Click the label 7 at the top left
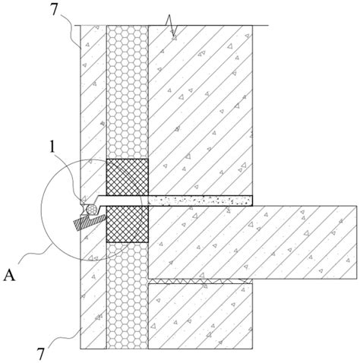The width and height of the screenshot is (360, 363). pyautogui.click(x=55, y=9)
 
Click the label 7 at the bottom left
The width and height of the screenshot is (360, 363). pyautogui.click(x=41, y=353)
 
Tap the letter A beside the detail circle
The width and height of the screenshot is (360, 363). pyautogui.click(x=9, y=275)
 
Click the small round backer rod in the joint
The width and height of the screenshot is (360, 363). pyautogui.click(x=91, y=210)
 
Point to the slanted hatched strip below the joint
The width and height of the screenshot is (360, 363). pyautogui.click(x=90, y=222)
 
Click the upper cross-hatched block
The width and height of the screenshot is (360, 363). pyautogui.click(x=127, y=177)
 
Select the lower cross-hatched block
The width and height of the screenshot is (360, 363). pyautogui.click(x=127, y=224)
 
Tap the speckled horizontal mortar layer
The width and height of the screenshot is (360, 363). pyautogui.click(x=200, y=200)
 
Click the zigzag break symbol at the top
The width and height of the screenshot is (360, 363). pyautogui.click(x=171, y=25)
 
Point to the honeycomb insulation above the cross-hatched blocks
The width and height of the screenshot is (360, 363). pyautogui.click(x=127, y=92)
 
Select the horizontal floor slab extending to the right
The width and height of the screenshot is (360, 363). pyautogui.click(x=252, y=242)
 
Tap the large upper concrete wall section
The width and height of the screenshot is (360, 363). pyautogui.click(x=200, y=110)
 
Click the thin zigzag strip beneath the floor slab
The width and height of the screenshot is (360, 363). pyautogui.click(x=200, y=281)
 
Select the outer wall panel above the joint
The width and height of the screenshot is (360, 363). pyautogui.click(x=93, y=112)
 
